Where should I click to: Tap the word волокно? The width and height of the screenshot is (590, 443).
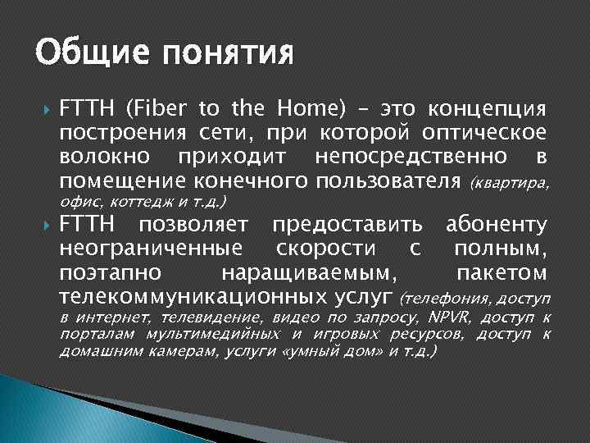point(102,157)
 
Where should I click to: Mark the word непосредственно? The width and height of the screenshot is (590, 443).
point(402,157)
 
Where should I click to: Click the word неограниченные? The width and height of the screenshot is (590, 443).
point(152,249)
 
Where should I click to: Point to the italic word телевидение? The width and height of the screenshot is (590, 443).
point(208,317)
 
